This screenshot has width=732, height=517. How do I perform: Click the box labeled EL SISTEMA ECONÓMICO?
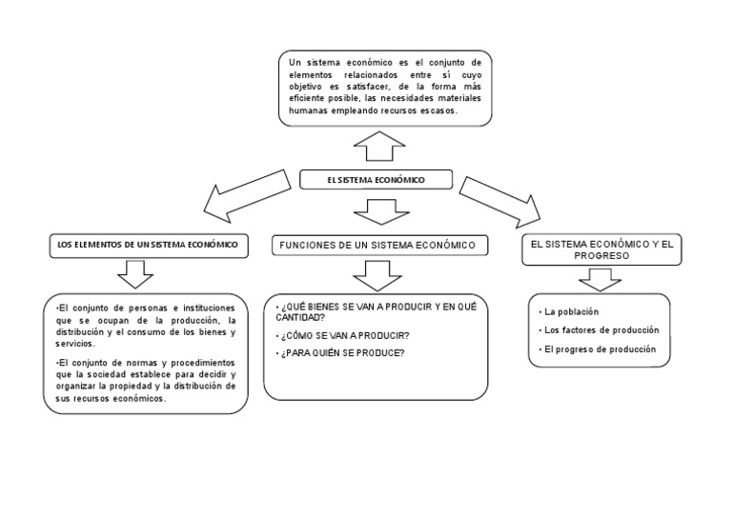(376, 179)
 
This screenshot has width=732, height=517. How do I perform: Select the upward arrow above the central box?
(379, 147)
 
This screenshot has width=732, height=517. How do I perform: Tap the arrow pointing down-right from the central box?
(499, 196)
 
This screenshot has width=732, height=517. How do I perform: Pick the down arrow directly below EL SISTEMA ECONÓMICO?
(380, 210)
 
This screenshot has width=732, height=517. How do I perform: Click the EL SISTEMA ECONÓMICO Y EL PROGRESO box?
(601, 250)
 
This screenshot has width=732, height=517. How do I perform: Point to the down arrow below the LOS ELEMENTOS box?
(135, 274)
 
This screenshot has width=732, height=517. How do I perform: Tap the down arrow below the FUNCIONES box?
(377, 275)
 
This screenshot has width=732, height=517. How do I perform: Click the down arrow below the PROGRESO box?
(600, 279)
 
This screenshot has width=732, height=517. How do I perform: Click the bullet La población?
(571, 311)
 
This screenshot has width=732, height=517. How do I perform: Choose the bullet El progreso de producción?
(599, 349)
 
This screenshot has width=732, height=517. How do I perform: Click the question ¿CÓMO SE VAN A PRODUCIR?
(344, 336)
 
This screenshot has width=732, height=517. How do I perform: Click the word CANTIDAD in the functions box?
(301, 318)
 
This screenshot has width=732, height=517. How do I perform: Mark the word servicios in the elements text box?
(75, 344)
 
